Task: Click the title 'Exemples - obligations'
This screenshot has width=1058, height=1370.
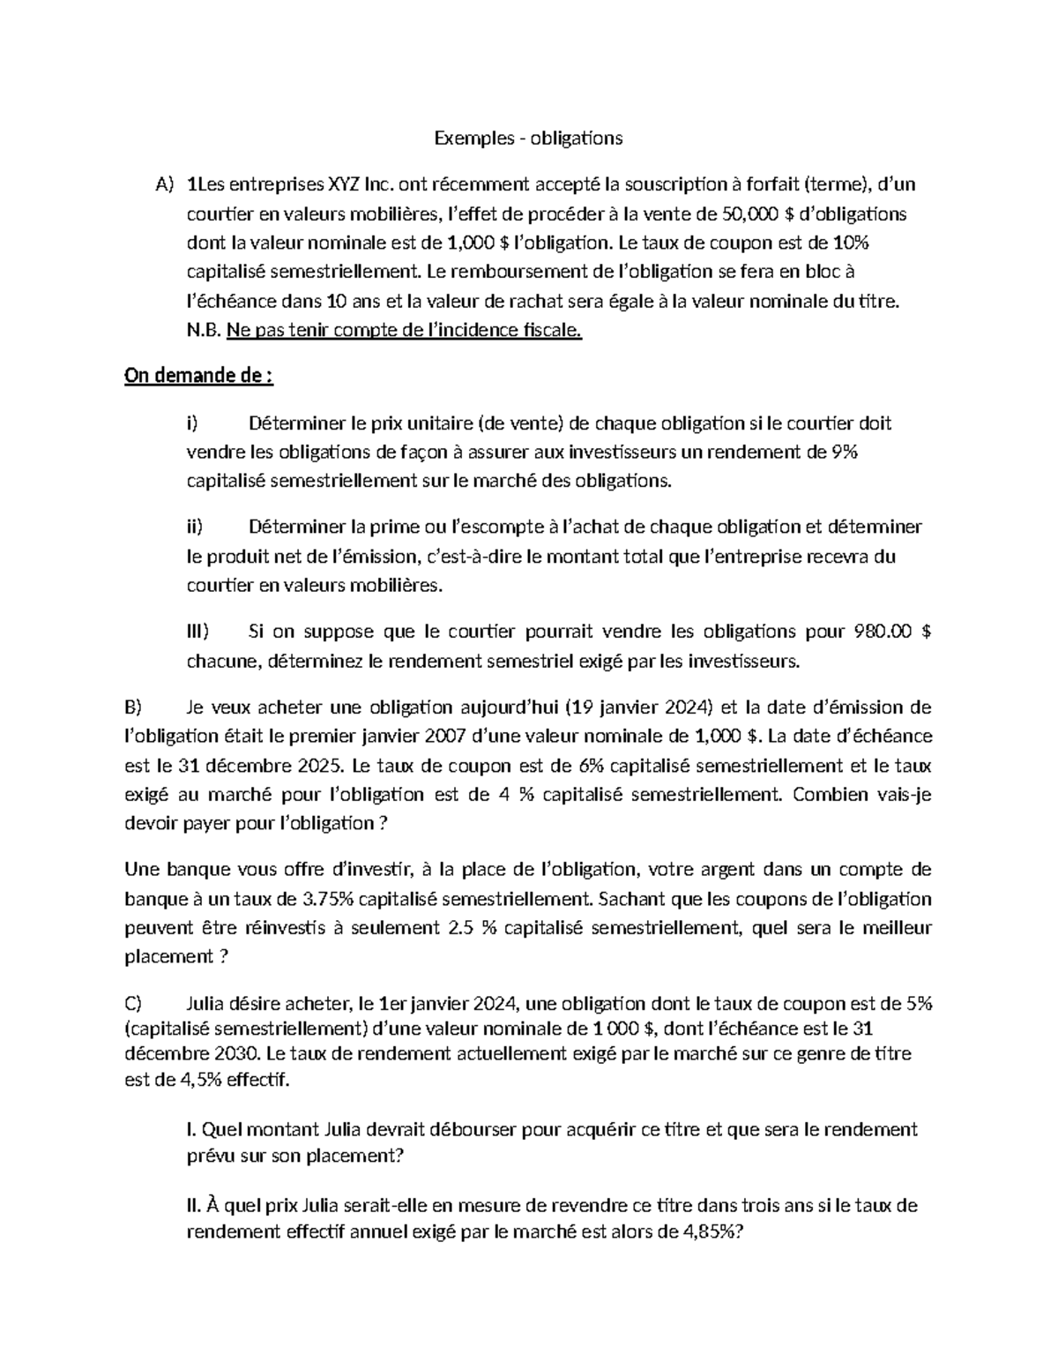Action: pyautogui.click(x=528, y=138)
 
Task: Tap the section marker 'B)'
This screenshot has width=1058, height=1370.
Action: pyautogui.click(x=133, y=707)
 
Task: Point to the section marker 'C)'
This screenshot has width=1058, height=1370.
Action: pyautogui.click(x=133, y=1003)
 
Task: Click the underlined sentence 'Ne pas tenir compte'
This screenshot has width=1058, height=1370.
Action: pyautogui.click(x=404, y=331)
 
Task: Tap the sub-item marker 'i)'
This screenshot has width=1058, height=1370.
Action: pyautogui.click(x=193, y=423)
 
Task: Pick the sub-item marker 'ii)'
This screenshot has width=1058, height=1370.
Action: pyautogui.click(x=195, y=528)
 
